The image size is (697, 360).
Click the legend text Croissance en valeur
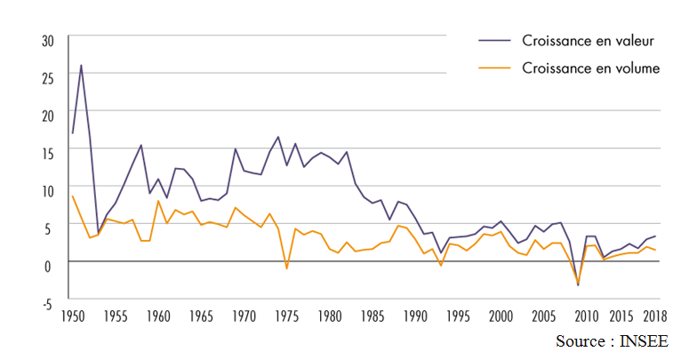(x=588, y=40)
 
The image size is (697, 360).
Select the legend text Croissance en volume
(x=590, y=68)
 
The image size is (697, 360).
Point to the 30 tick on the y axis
(x=48, y=40)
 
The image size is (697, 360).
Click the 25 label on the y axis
(x=48, y=77)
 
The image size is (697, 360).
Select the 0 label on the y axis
(x=52, y=264)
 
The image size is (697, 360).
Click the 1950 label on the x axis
(x=73, y=316)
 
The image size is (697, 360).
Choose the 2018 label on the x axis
(x=656, y=316)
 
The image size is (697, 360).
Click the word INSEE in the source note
(x=643, y=341)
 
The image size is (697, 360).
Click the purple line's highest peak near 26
(x=81, y=65)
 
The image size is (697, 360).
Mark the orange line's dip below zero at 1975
(x=286, y=268)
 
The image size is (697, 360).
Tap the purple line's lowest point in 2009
(x=578, y=285)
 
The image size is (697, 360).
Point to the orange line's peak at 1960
(x=158, y=201)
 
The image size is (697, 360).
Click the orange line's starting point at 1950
(x=72, y=196)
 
